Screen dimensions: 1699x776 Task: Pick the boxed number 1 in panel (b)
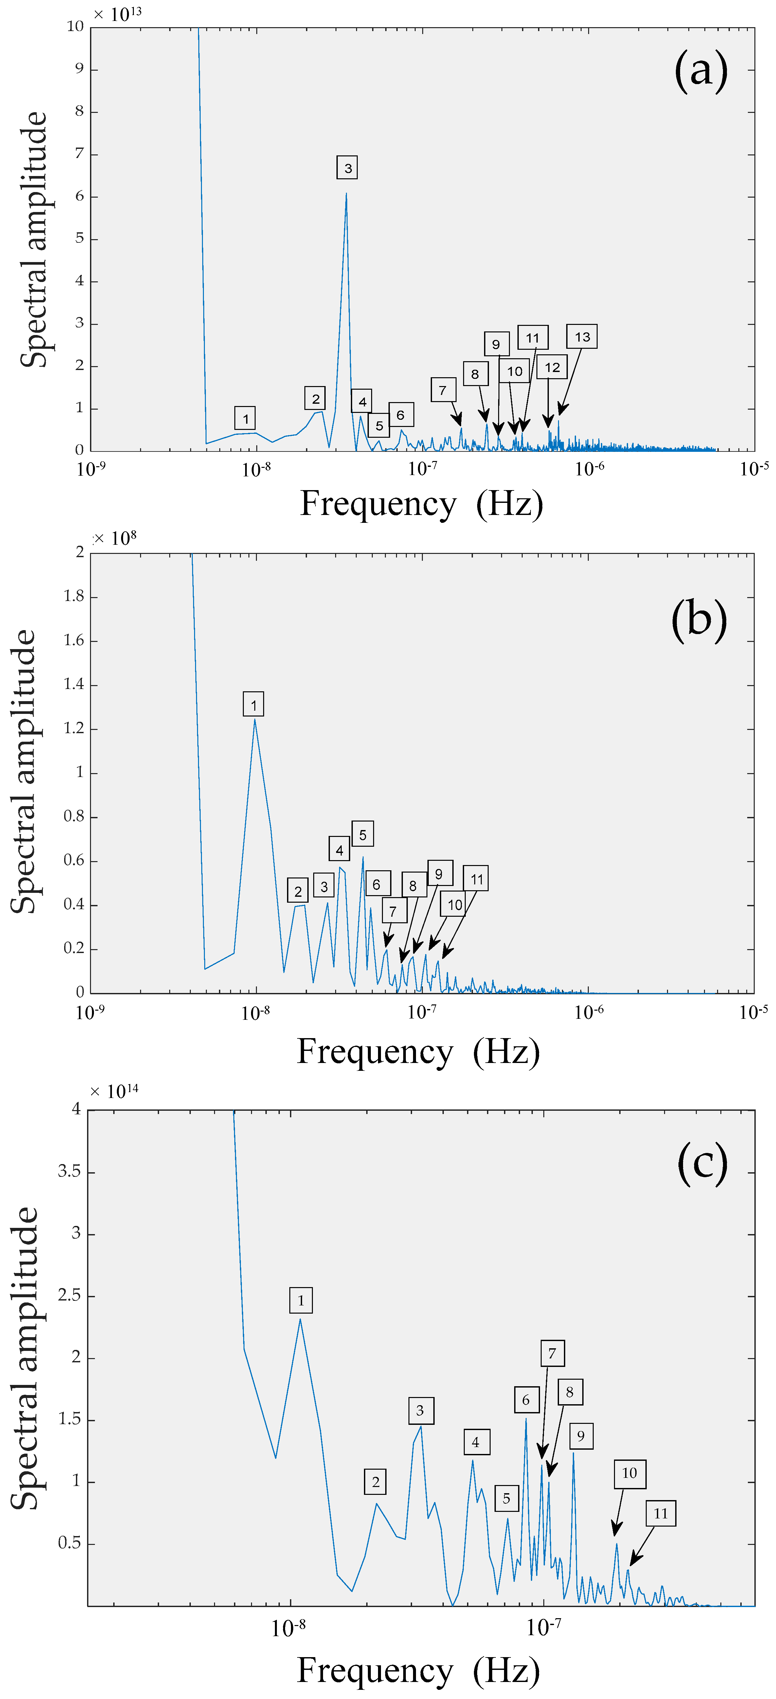(x=253, y=704)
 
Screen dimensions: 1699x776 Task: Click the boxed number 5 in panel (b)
(x=362, y=834)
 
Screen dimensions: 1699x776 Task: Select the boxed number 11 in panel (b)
(x=476, y=879)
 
